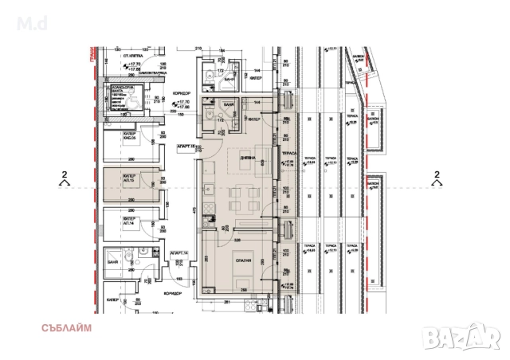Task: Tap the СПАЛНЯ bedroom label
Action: [x=244, y=260]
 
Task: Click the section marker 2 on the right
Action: [x=436, y=176]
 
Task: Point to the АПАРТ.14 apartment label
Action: [x=178, y=253]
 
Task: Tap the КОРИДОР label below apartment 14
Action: [x=169, y=294]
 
